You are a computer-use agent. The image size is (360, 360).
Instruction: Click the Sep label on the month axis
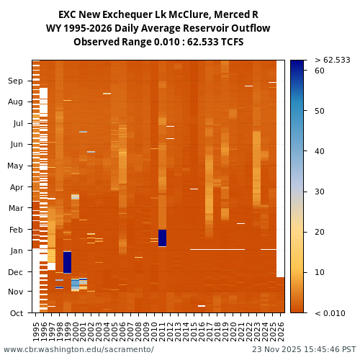(15, 81)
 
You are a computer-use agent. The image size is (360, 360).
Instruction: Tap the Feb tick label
(15, 230)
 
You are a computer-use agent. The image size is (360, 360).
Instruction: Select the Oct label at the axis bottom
(15, 312)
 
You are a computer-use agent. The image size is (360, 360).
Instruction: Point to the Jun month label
(15, 145)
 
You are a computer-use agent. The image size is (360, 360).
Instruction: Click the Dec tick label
(15, 272)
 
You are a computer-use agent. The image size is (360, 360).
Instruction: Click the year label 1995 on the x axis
(36, 331)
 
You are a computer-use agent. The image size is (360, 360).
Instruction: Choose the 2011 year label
(162, 331)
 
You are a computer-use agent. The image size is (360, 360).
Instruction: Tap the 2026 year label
(280, 331)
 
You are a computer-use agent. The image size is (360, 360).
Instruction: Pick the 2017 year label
(210, 331)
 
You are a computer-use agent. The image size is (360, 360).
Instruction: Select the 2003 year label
(99, 331)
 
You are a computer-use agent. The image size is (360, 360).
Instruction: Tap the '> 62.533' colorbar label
(332, 60)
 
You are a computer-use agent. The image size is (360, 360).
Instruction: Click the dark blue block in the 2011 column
(162, 238)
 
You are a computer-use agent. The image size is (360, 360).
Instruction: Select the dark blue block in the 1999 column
(67, 262)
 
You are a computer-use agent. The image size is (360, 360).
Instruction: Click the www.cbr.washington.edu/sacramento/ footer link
(78, 350)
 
